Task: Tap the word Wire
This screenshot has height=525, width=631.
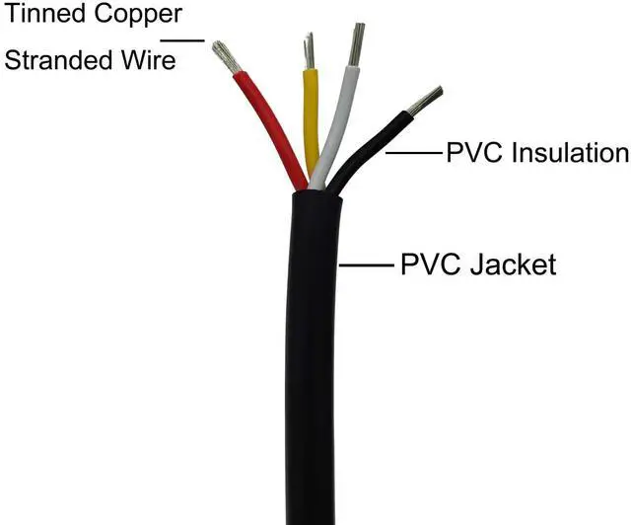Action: (x=147, y=60)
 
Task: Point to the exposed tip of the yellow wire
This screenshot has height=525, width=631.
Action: (x=310, y=51)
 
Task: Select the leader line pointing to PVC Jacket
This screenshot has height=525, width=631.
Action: (x=367, y=265)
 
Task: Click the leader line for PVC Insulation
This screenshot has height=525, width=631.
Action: (x=413, y=153)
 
